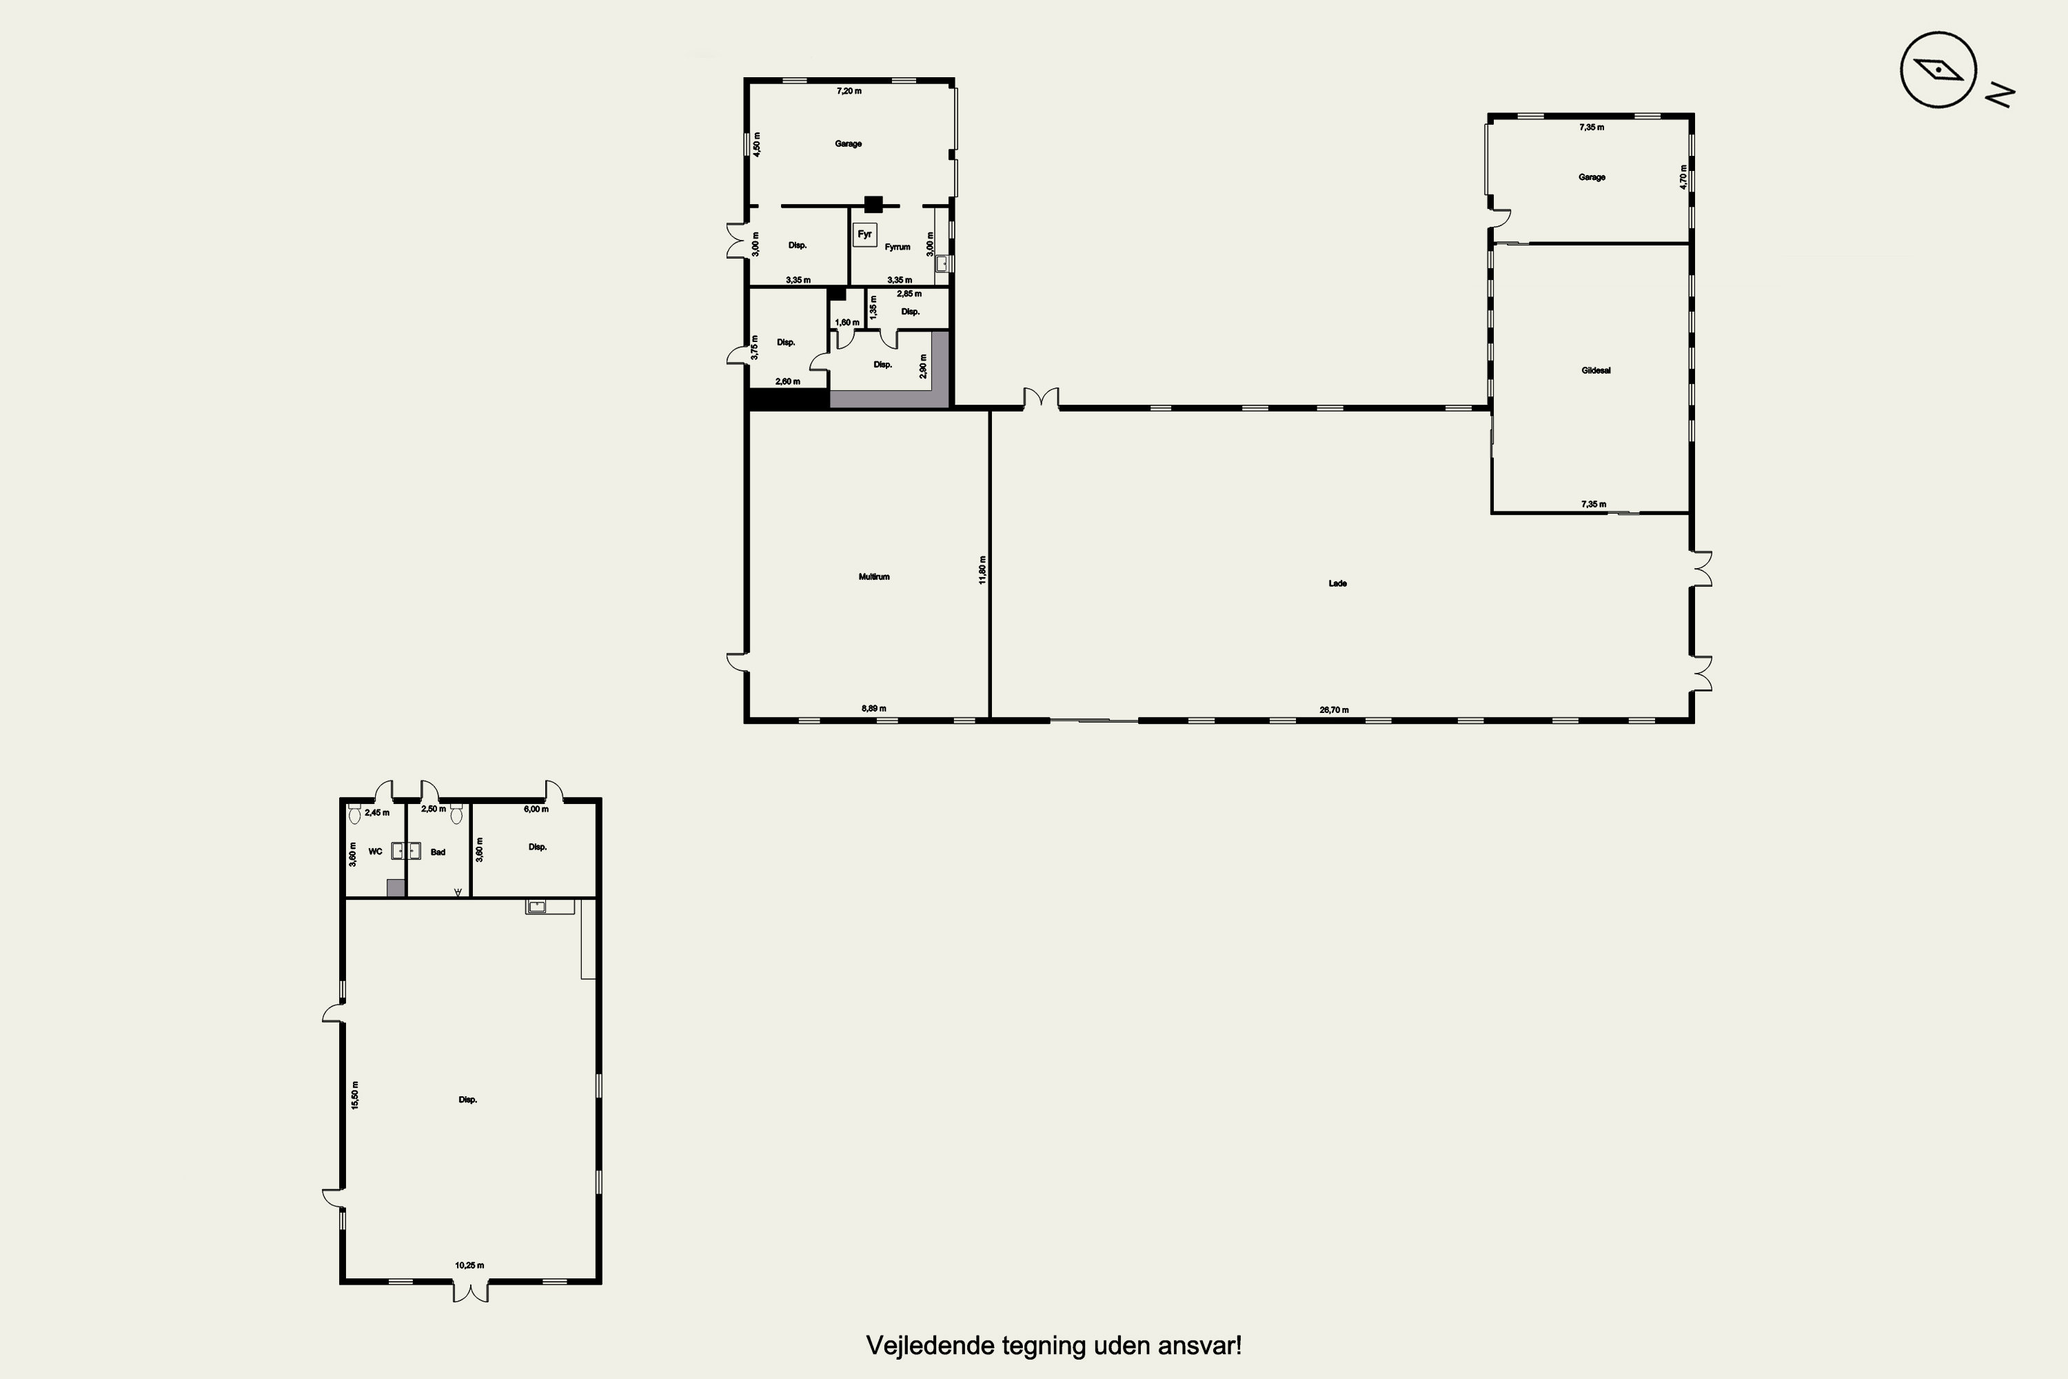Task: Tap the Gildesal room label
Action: tap(1596, 370)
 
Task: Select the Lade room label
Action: tap(1337, 583)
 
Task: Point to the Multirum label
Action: tap(874, 577)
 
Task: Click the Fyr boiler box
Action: tap(865, 234)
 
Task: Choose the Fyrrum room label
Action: tap(898, 247)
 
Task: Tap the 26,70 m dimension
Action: tap(1334, 709)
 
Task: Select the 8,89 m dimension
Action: tap(874, 708)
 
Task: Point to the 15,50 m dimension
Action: tap(355, 1095)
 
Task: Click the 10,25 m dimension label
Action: tap(469, 1265)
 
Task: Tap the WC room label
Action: tap(376, 852)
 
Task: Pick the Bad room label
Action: tap(438, 852)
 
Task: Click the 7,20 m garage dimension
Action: tap(849, 90)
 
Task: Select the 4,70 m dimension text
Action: tap(1684, 177)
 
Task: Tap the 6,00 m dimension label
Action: tap(536, 808)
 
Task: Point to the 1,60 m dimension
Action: tap(848, 323)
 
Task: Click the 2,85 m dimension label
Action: tap(909, 294)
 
